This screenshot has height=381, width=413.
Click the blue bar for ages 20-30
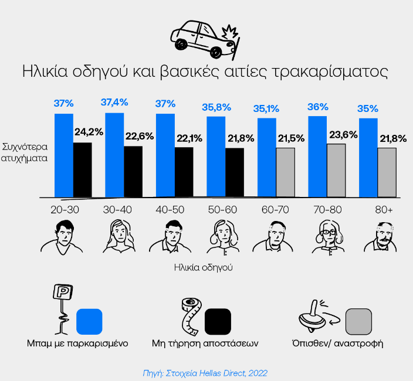coord(63,155)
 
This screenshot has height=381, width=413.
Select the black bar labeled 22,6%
coord(133,171)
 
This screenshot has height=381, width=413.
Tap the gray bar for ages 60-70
coord(285,172)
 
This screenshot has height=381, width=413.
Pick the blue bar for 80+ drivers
coord(368,158)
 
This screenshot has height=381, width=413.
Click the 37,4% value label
coord(114,103)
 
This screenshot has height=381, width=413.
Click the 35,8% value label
coord(216,107)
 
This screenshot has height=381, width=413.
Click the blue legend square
coord(90,320)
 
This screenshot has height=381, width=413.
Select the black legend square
coord(218,320)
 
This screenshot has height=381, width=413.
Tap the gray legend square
coord(358,320)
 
